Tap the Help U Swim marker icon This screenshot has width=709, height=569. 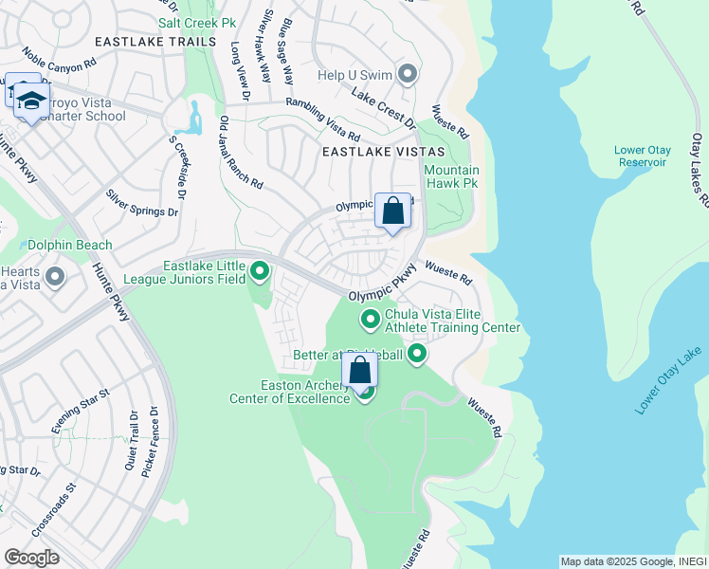(x=409, y=74)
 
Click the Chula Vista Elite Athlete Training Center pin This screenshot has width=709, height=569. (x=370, y=321)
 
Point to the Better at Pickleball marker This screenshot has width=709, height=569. (x=416, y=355)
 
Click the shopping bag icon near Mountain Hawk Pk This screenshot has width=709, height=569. (x=392, y=211)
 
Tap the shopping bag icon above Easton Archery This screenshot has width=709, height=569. (x=359, y=370)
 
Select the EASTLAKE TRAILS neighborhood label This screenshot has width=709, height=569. (x=143, y=41)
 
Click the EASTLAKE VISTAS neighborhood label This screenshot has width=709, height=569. (x=375, y=152)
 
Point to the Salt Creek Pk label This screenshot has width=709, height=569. (x=196, y=22)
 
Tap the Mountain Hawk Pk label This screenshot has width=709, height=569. (x=451, y=177)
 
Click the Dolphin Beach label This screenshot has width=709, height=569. (x=69, y=245)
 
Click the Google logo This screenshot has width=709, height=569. (x=31, y=557)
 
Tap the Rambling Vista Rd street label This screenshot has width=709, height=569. (x=323, y=121)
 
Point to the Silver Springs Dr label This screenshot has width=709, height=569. (x=142, y=203)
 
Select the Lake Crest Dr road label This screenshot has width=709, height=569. (x=384, y=109)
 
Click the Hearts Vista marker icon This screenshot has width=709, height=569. (x=55, y=277)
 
